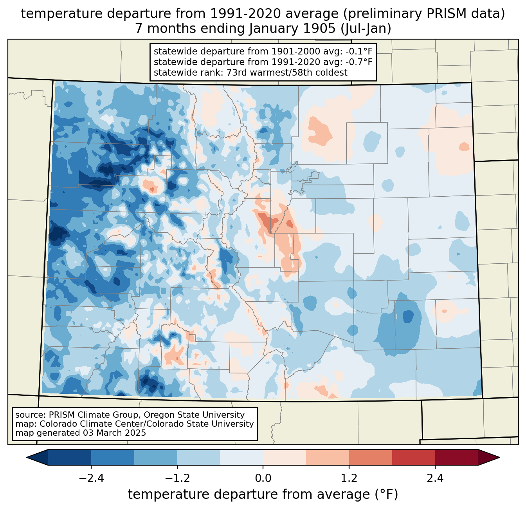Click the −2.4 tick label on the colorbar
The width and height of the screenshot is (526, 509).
click(x=91, y=478)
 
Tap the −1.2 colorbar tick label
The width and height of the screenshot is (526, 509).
click(x=177, y=478)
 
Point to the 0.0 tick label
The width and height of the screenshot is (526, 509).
click(x=263, y=478)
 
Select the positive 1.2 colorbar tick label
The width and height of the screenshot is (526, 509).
click(x=349, y=478)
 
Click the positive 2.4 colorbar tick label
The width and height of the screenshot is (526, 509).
click(x=435, y=478)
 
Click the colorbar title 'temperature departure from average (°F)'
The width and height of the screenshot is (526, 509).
click(x=263, y=495)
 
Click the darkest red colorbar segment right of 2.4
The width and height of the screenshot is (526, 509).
click(x=456, y=457)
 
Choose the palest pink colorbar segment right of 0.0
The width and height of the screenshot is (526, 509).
click(x=285, y=457)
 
